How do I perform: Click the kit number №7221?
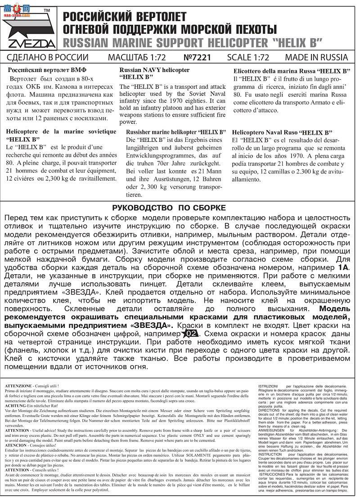click(197, 58)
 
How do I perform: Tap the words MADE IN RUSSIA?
click(316, 58)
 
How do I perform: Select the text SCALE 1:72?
click(248, 58)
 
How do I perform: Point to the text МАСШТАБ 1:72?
click(137, 58)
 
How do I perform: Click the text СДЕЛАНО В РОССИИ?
click(48, 58)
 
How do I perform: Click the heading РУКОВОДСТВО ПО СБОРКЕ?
click(169, 208)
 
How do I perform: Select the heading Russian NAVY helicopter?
click(154, 70)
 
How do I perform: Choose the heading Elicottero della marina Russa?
click(292, 71)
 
